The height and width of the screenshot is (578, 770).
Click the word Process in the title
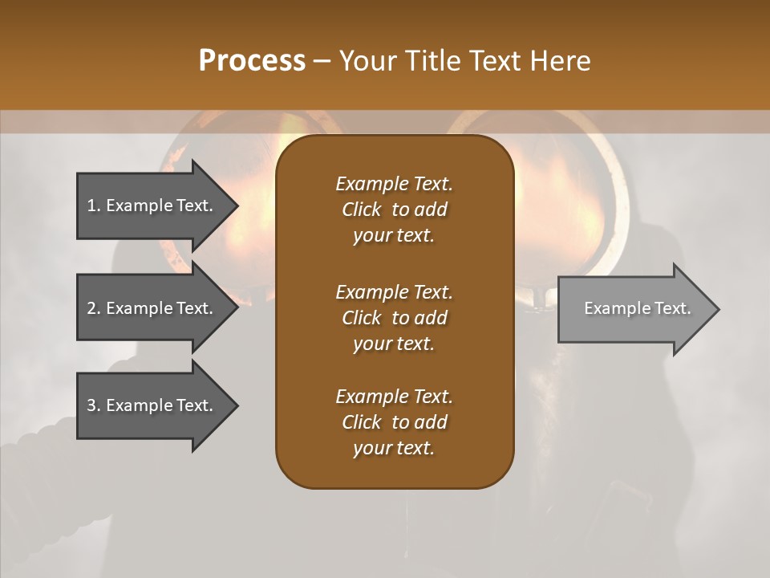(252, 60)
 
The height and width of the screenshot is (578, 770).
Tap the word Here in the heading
(560, 60)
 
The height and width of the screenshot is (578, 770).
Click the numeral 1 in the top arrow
(91, 206)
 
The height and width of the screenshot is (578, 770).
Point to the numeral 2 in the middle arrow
(91, 308)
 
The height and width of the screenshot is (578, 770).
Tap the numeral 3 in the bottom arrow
(91, 405)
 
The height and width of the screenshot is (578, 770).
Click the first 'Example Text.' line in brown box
(394, 184)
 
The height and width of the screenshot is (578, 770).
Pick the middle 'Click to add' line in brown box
(394, 318)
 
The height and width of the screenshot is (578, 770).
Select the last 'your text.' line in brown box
(394, 449)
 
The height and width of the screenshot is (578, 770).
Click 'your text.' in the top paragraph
(394, 236)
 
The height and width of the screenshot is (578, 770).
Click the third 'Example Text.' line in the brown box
(394, 397)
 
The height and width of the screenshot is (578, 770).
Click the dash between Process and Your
(322, 60)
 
